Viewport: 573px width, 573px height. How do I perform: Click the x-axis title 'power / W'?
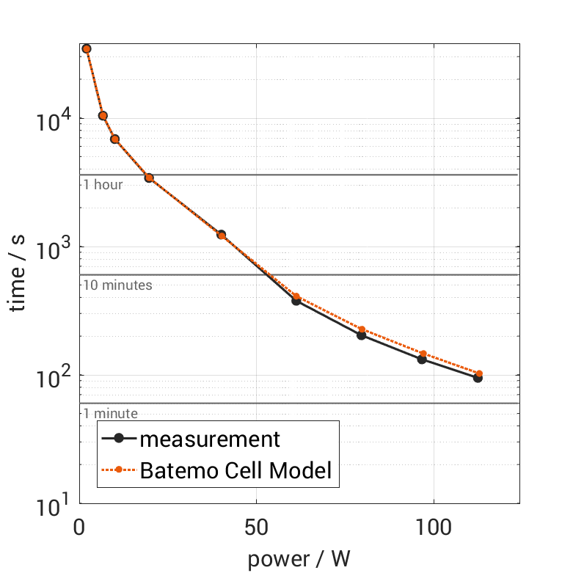point(299,559)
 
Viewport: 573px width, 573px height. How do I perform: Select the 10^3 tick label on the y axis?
point(52,248)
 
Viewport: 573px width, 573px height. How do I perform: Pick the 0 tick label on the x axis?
point(80,528)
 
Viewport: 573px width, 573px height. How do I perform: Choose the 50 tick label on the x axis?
point(256,528)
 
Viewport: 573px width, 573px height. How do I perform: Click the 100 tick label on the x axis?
point(434,528)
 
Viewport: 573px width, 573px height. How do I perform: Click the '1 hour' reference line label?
point(103,185)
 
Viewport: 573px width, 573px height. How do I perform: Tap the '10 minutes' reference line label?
point(117,285)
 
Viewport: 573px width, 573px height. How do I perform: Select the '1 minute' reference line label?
point(110,414)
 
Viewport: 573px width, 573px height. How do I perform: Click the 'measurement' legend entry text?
point(210,439)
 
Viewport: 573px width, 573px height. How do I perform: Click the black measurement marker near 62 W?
point(296,301)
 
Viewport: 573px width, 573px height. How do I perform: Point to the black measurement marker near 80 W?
point(361,335)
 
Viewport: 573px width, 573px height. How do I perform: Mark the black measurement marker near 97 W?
point(422,360)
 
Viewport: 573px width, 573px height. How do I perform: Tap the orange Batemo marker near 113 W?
point(479,373)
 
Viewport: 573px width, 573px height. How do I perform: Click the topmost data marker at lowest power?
point(87,48)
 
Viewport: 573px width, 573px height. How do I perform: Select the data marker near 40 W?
point(221,235)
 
